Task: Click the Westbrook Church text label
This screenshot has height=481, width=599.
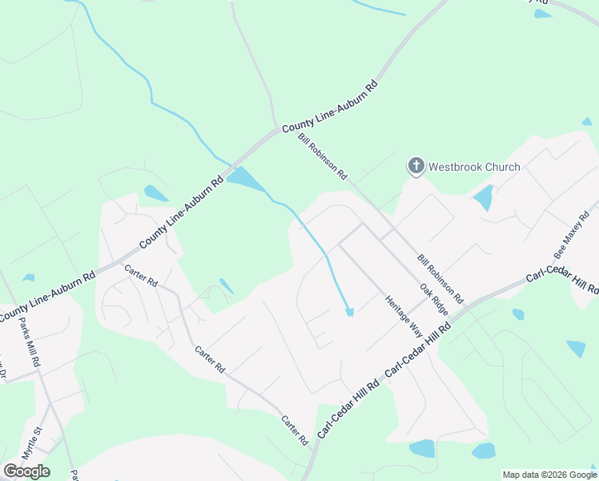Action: (x=474, y=167)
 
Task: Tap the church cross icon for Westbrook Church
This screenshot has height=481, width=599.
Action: (x=416, y=166)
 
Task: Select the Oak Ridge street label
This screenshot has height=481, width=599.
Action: (x=434, y=297)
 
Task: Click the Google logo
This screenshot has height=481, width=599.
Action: (x=26, y=471)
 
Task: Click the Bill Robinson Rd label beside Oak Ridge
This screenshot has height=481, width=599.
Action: (x=440, y=278)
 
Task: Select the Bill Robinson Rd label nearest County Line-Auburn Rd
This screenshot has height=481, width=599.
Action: (x=323, y=156)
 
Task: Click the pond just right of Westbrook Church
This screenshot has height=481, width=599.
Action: (x=483, y=197)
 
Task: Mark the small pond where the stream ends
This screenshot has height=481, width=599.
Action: (x=349, y=312)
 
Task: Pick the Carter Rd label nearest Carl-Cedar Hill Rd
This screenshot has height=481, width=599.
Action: (x=294, y=430)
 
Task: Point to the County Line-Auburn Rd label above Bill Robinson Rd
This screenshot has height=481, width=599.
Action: (x=329, y=107)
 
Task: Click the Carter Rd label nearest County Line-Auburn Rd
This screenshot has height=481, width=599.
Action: (x=142, y=274)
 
